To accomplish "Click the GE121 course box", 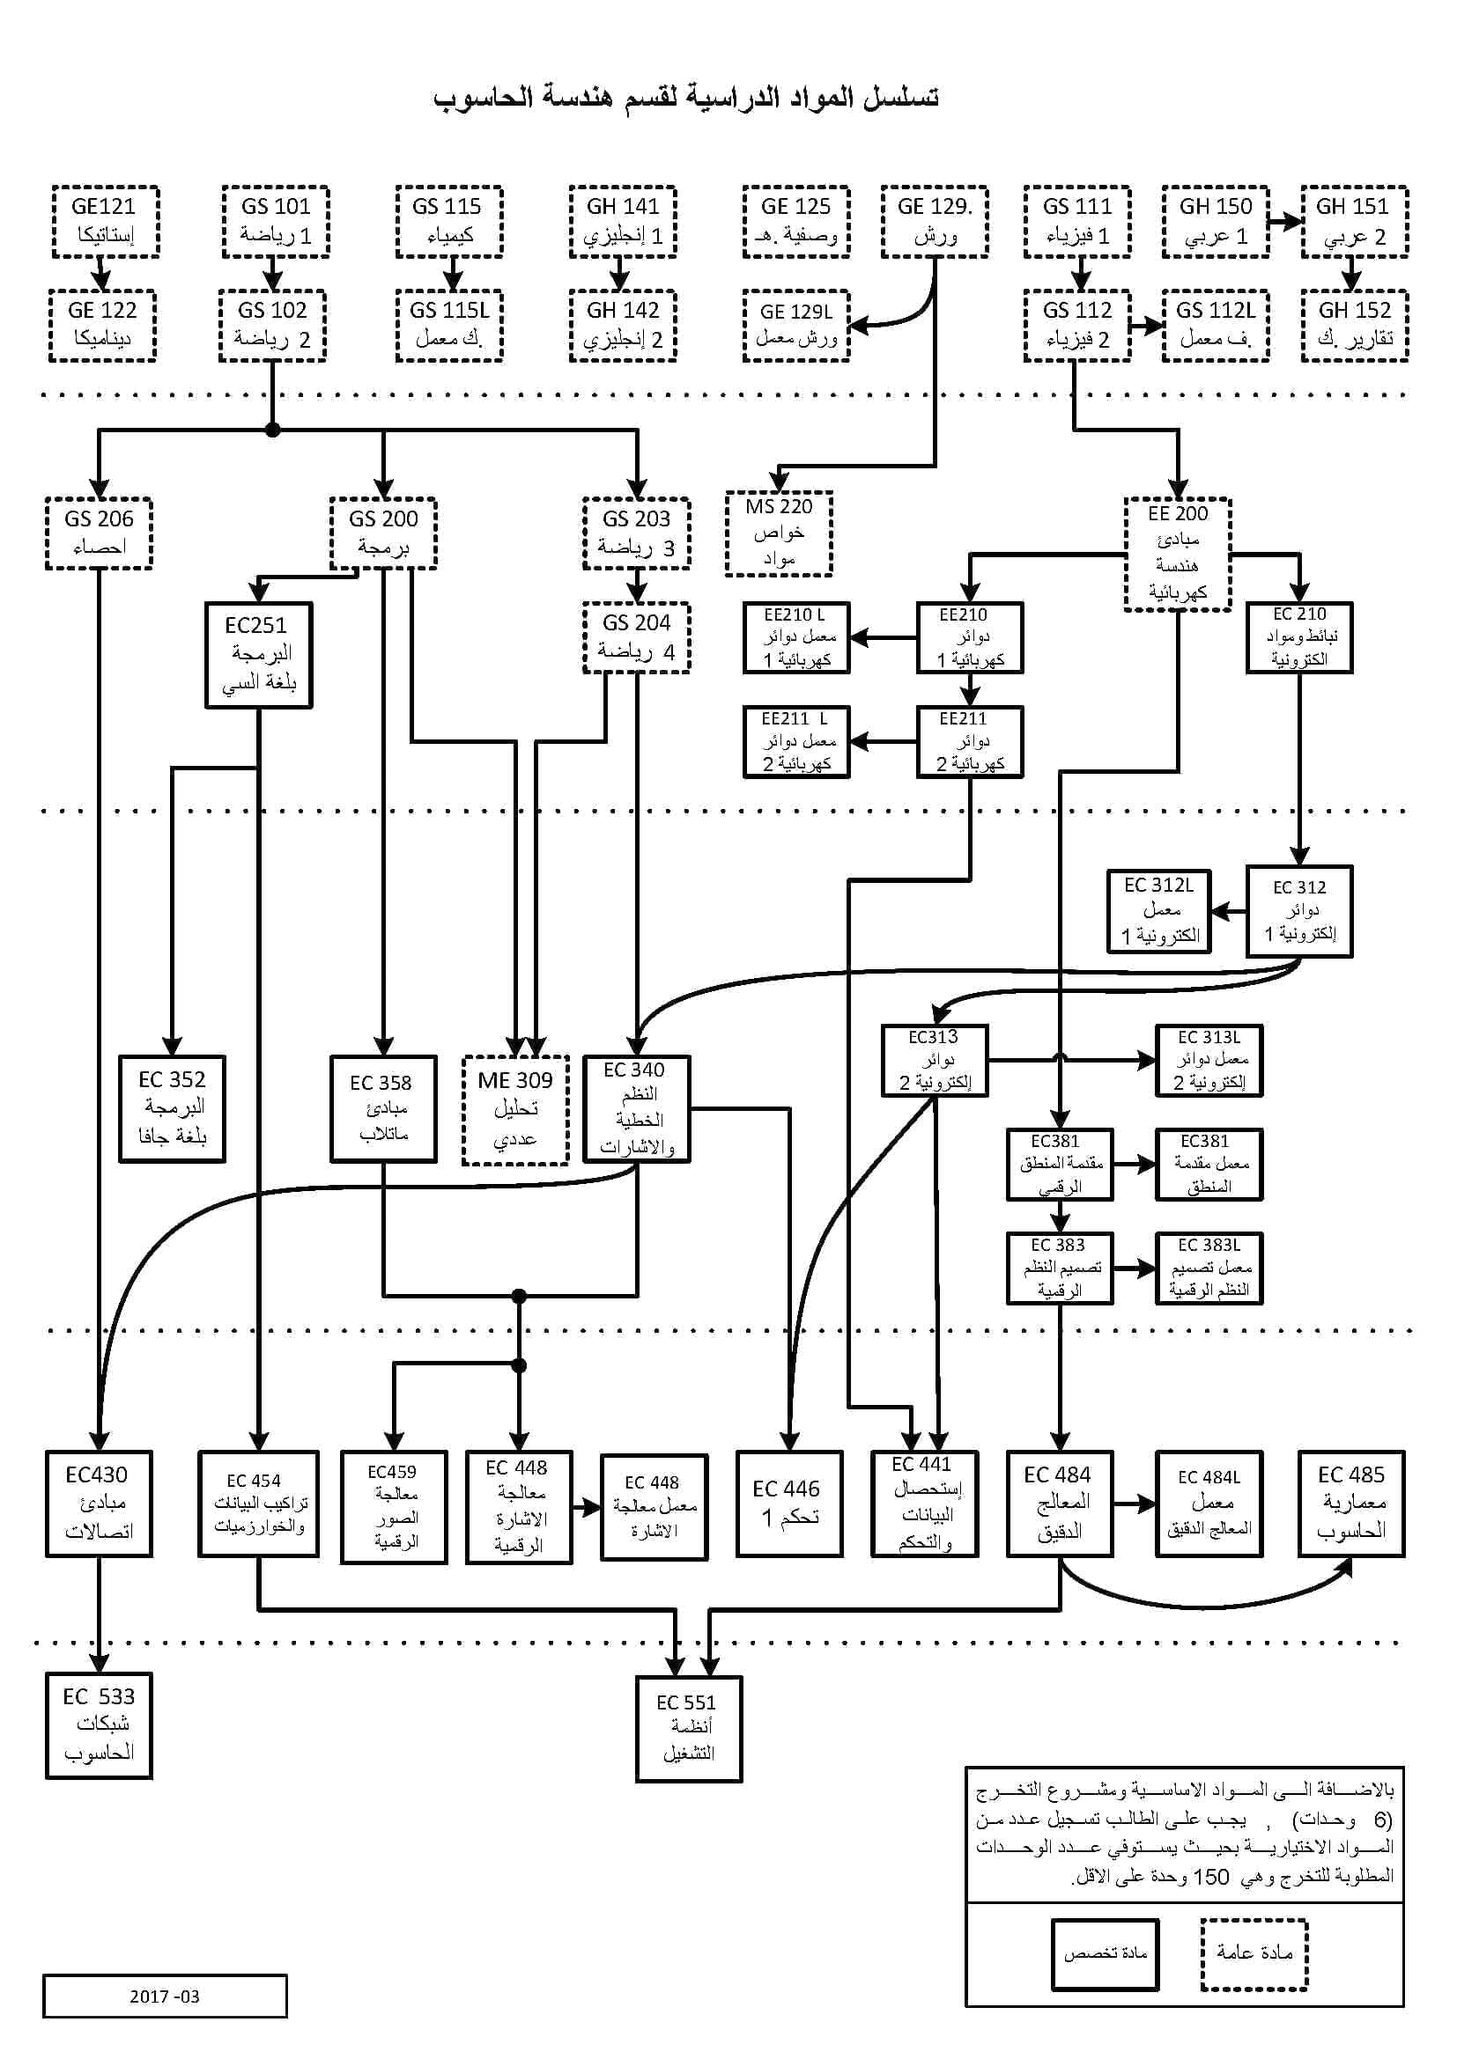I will [x=105, y=222].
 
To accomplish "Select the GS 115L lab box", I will [x=449, y=326].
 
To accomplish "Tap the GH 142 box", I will [x=623, y=326].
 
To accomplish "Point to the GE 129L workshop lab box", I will [x=795, y=326].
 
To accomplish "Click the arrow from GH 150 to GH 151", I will [x=1284, y=222].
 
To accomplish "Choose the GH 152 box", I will [x=1354, y=326].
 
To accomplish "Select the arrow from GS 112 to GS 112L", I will [x=1146, y=326].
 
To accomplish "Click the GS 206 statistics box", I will [x=99, y=533].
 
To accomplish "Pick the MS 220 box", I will [x=779, y=533].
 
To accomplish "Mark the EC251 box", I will [x=258, y=655].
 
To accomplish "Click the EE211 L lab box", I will [x=795, y=741].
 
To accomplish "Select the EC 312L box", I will [x=1159, y=911].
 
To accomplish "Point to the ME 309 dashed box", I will [x=515, y=1110].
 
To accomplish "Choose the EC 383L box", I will [x=1209, y=1268].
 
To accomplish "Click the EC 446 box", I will [x=788, y=1504].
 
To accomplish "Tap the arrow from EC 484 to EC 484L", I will [x=1134, y=1504].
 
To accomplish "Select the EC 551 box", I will [x=688, y=1728].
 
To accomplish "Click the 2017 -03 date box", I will [x=164, y=1996].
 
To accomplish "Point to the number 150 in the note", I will [x=1210, y=1877].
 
